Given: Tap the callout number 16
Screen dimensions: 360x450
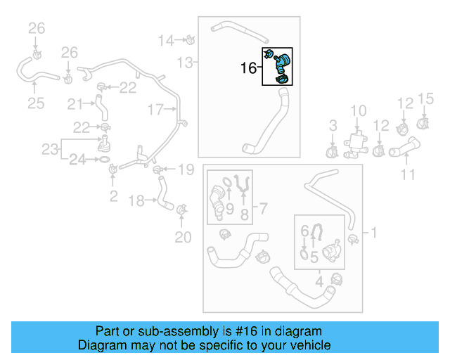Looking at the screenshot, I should tap(249, 68).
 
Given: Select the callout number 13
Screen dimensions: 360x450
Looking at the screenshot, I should tap(184, 63).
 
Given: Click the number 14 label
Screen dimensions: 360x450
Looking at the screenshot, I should tap(165, 40).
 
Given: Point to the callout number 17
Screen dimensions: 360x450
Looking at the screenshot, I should tap(155, 109).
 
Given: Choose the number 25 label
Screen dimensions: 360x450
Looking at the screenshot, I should tap(36, 104).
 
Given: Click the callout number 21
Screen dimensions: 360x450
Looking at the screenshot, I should tap(75, 104).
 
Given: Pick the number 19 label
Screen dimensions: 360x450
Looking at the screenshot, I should tap(185, 169).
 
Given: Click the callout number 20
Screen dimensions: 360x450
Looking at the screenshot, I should tap(183, 238).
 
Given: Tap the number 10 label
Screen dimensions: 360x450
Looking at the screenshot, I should tap(359, 110).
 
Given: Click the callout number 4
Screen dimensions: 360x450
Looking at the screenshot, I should tap(319, 283).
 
